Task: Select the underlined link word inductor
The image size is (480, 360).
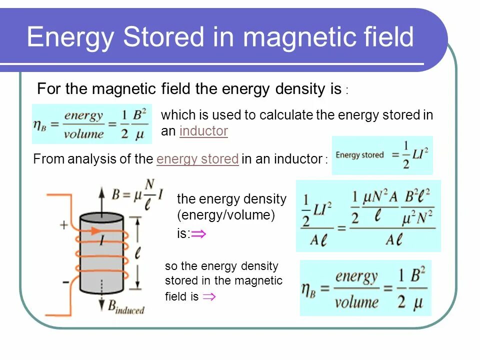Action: (203, 131)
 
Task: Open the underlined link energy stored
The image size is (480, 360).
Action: (197, 159)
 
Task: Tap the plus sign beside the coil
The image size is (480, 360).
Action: (64, 225)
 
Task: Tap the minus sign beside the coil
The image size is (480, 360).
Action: (65, 282)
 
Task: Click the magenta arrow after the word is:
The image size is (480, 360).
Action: (198, 234)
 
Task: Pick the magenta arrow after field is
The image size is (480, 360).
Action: (209, 297)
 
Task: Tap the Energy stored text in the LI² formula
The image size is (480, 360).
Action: (359, 155)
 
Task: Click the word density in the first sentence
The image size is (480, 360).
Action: (299, 89)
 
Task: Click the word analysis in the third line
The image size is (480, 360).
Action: (87, 159)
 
